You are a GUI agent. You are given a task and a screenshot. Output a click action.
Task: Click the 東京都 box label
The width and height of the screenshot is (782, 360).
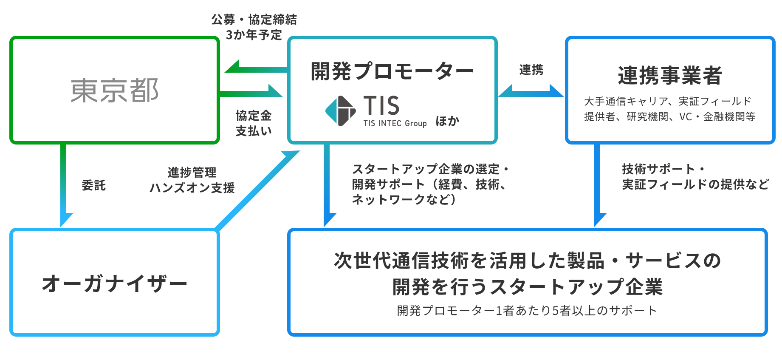click(115, 91)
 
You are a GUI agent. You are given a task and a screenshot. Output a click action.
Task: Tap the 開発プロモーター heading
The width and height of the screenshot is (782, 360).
click(392, 71)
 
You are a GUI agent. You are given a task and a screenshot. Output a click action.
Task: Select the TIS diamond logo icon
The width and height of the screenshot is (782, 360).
click(340, 111)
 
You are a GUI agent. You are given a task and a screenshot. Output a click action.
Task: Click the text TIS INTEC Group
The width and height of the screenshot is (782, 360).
click(395, 123)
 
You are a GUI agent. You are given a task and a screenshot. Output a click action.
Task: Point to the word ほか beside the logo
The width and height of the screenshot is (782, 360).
click(447, 121)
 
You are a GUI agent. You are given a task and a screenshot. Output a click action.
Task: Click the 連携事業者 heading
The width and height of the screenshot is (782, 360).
click(670, 75)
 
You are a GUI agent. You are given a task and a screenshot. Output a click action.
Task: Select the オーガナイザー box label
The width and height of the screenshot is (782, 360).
click(115, 283)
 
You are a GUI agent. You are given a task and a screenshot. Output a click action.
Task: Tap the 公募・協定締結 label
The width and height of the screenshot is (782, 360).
click(254, 20)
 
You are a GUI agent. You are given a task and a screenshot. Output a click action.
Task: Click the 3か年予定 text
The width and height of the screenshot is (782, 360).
click(254, 35)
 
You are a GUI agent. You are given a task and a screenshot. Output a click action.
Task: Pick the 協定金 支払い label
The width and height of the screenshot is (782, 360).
click(254, 123)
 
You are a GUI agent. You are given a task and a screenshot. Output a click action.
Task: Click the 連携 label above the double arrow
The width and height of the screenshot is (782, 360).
click(531, 70)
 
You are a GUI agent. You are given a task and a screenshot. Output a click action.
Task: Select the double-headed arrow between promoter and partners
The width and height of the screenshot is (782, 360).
click(531, 91)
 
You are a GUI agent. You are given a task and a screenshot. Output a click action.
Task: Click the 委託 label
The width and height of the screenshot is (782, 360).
click(93, 185)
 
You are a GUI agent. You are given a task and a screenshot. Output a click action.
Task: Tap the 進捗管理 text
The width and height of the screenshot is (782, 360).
click(192, 172)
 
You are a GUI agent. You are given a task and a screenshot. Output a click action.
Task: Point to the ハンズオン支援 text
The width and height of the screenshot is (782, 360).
click(192, 187)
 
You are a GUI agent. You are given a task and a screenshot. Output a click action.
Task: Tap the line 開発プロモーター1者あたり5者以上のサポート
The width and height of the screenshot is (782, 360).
click(527, 311)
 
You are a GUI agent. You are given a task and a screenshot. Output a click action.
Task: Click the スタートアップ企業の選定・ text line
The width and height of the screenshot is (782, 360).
click(430, 169)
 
